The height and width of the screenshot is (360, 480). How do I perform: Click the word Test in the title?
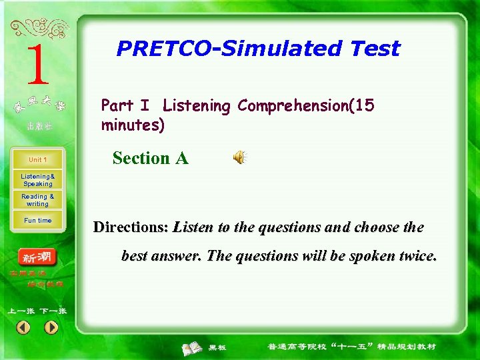pyautogui.click(x=375, y=49)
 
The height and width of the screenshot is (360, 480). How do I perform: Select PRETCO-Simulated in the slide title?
pyautogui.click(x=229, y=49)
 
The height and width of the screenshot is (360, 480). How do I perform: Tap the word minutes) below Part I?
pyautogui.click(x=133, y=125)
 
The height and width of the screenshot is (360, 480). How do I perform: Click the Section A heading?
pyautogui.click(x=150, y=159)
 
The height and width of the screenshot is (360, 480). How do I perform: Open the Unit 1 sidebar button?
pyautogui.click(x=37, y=160)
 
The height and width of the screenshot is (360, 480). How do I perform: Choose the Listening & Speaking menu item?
pyautogui.click(x=37, y=180)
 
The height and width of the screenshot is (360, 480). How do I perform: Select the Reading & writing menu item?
pyautogui.click(x=37, y=200)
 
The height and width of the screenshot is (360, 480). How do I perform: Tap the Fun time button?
pyautogui.click(x=37, y=221)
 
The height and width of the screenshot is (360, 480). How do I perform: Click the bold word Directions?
pyautogui.click(x=131, y=227)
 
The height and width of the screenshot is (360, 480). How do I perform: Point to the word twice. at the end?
pyautogui.click(x=415, y=256)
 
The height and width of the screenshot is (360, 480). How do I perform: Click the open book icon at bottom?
pyautogui.click(x=193, y=347)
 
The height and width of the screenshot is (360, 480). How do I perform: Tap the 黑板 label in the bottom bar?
pyautogui.click(x=217, y=347)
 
